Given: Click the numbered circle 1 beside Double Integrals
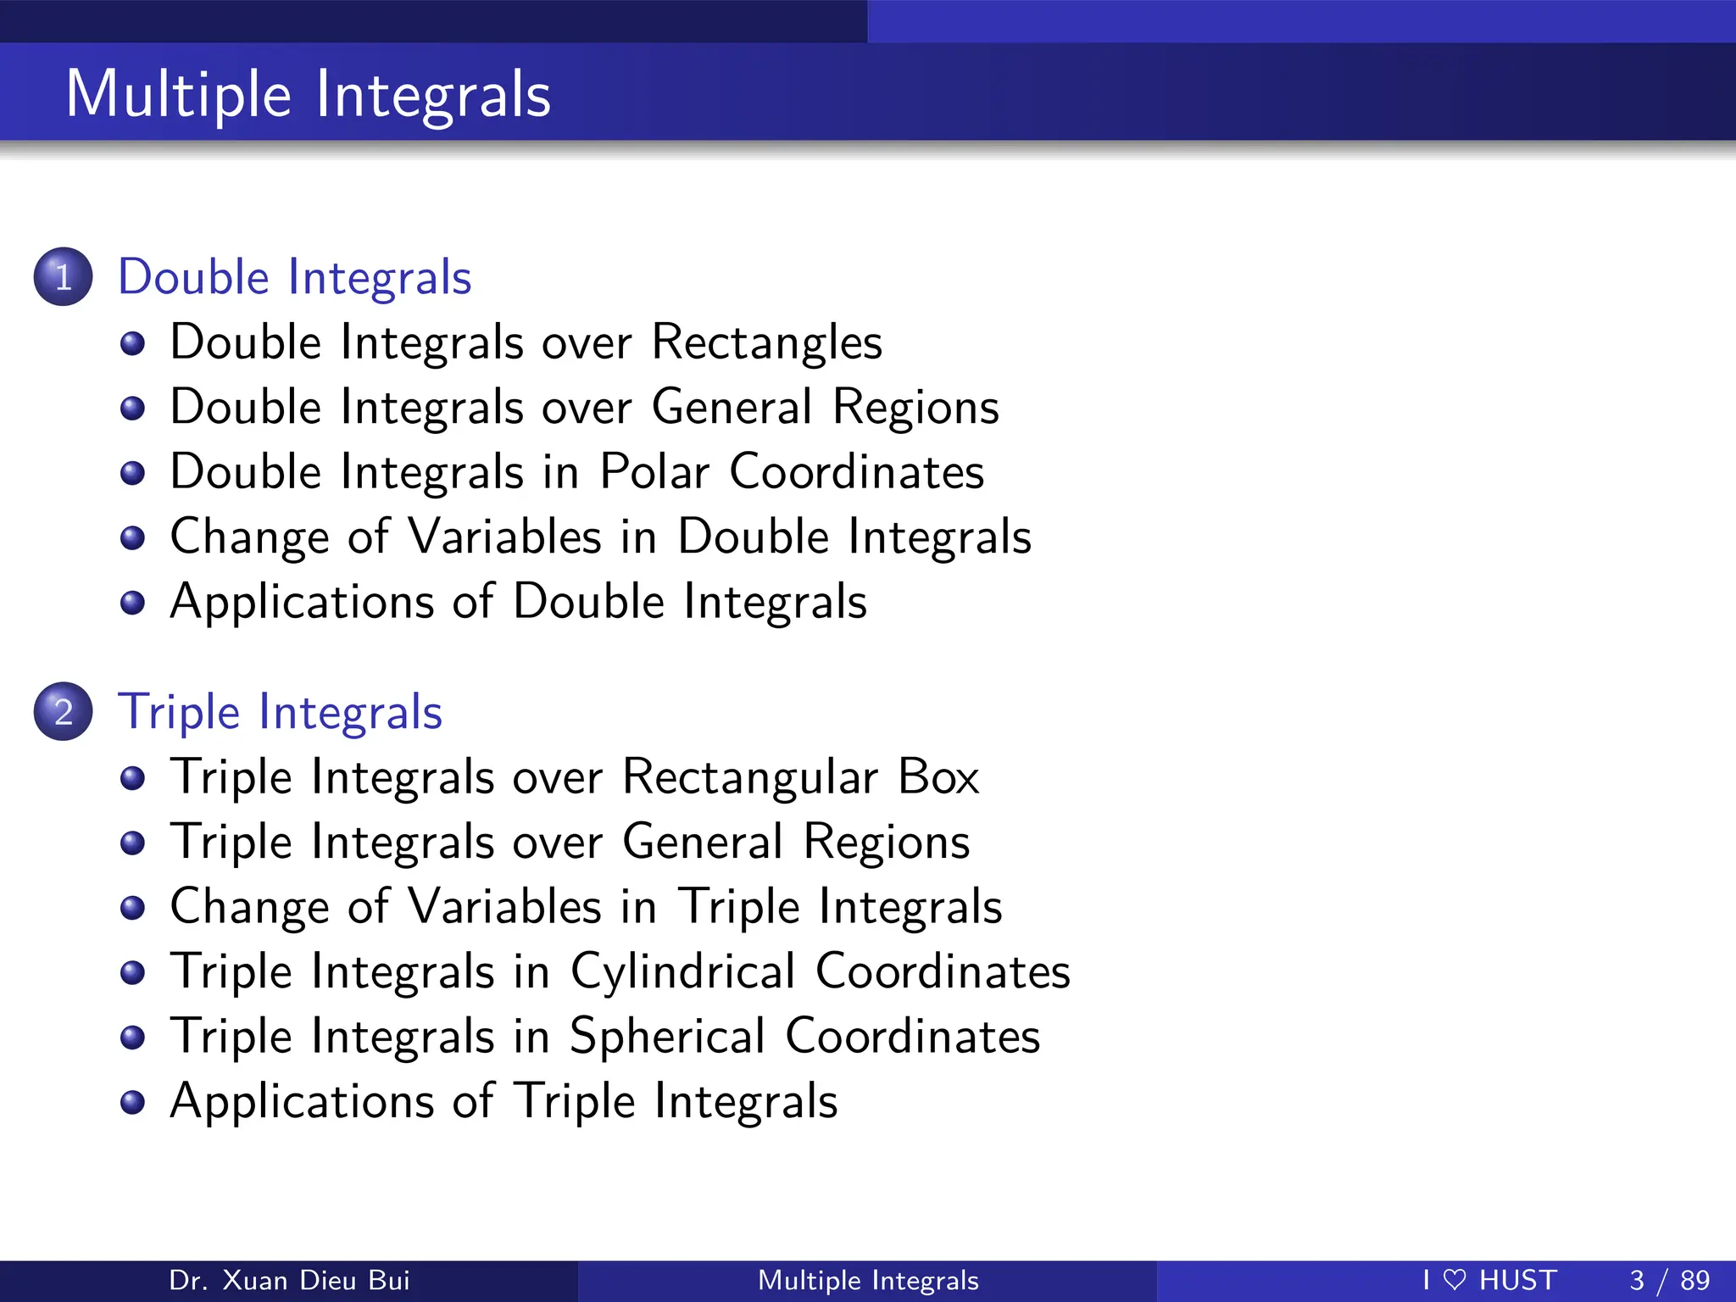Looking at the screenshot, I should pos(63,276).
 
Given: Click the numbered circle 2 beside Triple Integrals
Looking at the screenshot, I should pos(63,711).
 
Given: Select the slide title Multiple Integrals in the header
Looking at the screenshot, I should pos(309,93).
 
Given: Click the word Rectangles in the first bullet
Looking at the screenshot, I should pos(766,342).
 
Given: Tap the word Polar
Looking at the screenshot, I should pos(654,471).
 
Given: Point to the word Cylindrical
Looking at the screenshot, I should pos(682,971).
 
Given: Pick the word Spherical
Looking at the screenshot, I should pos(667,1036).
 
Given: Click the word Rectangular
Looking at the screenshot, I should pos(750,776).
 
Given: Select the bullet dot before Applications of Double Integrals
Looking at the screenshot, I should pos(132,603).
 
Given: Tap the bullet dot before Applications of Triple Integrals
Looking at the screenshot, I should pos(132,1102).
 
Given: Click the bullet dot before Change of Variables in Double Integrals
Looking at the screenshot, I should pos(132,537).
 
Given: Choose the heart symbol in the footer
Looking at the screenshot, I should pos(1454,1280).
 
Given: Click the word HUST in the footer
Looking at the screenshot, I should pos(1517,1280).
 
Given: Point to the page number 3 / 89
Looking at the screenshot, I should pos(1669,1280).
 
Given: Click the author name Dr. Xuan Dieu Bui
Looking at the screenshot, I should pos(289,1280).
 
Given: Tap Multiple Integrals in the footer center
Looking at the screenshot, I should pos(868,1280).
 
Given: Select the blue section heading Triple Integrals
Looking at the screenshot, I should pos(280,712).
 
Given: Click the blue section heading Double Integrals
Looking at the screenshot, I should pos(294,277).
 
